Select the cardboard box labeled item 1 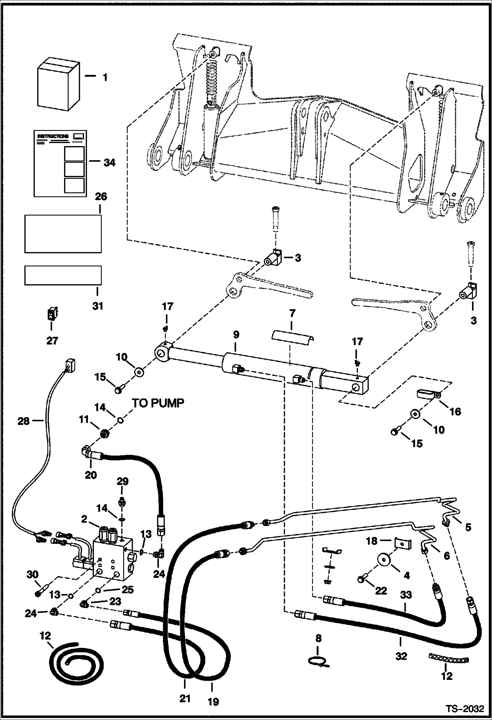[x=58, y=85]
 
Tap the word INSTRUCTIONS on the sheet [x=53, y=136]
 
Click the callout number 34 [x=109, y=162]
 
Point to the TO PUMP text [x=158, y=403]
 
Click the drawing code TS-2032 [x=465, y=708]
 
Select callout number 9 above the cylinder [x=236, y=335]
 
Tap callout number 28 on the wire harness [x=24, y=421]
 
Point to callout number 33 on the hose [x=406, y=595]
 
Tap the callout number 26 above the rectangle [x=101, y=197]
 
